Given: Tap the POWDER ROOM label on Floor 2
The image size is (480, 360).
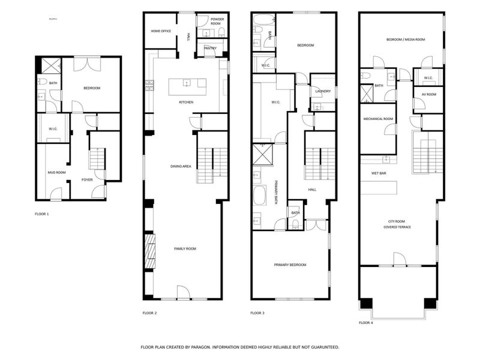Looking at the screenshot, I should (217, 22).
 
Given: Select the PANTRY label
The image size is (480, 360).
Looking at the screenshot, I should (210, 48).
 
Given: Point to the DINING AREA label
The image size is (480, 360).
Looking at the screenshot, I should (180, 166).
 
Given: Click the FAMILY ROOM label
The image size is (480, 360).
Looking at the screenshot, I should (185, 248).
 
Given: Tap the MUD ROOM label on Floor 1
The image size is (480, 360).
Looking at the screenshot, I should (56, 173).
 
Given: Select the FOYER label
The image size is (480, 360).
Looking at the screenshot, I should (88, 179).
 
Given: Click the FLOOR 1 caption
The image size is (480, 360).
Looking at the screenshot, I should (41, 214).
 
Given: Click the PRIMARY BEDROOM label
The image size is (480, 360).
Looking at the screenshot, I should (290, 265).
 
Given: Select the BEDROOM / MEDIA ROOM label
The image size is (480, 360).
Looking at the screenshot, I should (405, 40).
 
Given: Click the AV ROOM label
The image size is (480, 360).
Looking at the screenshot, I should (428, 94).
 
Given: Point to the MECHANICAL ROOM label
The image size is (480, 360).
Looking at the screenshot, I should (378, 119).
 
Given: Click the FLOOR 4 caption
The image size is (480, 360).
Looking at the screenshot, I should (366, 323).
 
